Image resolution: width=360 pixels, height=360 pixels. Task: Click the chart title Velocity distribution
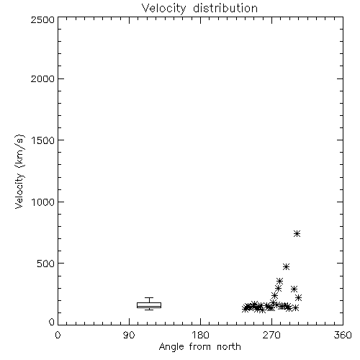(x=199, y=8)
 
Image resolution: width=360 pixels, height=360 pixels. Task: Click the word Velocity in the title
(x=164, y=8)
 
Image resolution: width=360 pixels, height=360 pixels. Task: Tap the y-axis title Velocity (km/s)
(x=19, y=171)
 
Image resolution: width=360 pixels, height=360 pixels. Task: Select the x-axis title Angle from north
(x=199, y=347)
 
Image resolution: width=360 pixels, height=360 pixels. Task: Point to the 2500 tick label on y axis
(x=42, y=19)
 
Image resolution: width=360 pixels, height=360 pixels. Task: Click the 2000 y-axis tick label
(x=42, y=78)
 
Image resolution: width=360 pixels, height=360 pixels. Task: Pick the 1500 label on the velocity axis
(x=43, y=140)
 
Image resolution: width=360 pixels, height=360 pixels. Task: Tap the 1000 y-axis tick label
(x=43, y=202)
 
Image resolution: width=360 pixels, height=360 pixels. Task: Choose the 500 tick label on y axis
(x=46, y=264)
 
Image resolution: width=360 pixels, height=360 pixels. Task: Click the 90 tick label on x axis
(x=129, y=335)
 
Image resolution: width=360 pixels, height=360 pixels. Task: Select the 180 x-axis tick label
(x=200, y=335)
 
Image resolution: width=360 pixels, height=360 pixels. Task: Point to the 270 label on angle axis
(x=271, y=335)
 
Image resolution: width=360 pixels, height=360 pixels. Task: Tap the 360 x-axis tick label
(x=343, y=335)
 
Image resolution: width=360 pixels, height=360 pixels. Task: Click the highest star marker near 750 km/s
(x=297, y=233)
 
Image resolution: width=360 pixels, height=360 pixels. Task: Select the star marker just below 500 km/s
(x=286, y=266)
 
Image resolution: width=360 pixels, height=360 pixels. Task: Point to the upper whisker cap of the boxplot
(x=149, y=298)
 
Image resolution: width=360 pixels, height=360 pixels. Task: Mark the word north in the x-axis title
(x=229, y=347)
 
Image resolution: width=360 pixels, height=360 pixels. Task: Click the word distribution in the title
(x=225, y=8)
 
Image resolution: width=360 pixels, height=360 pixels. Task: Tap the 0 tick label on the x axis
(x=58, y=335)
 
